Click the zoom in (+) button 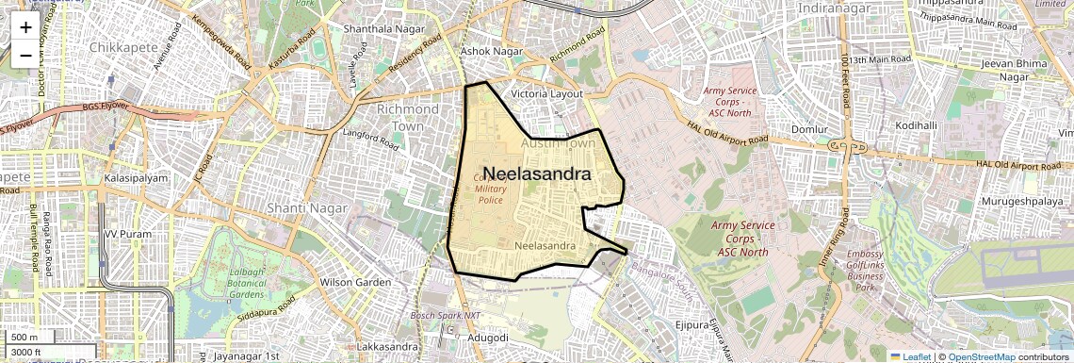25,27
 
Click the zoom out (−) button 25,56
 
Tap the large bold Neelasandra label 537,174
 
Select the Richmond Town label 407,117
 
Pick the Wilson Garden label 355,282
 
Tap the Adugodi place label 488,337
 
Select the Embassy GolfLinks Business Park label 865,271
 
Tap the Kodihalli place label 916,125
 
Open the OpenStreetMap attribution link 981,356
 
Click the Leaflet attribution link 912,356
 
